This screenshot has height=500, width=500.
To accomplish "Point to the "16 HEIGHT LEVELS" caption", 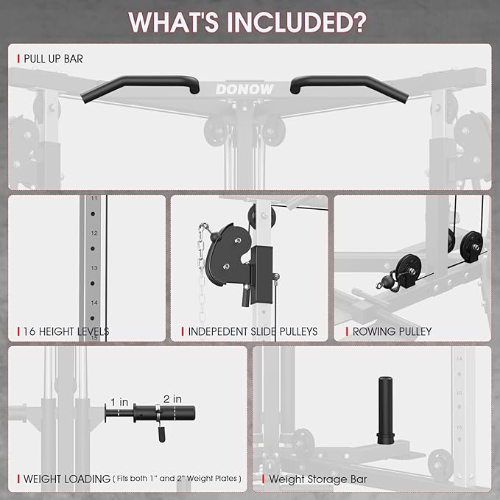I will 66,332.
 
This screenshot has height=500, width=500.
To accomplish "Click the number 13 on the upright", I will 94,269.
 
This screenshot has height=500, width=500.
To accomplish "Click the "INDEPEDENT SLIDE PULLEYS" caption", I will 253,332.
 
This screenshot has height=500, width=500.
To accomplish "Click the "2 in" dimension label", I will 172,398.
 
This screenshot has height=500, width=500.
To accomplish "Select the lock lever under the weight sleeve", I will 158,435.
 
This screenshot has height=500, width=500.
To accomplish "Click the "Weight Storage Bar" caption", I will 318,479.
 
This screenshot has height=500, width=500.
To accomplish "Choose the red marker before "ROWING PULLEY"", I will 347,332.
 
